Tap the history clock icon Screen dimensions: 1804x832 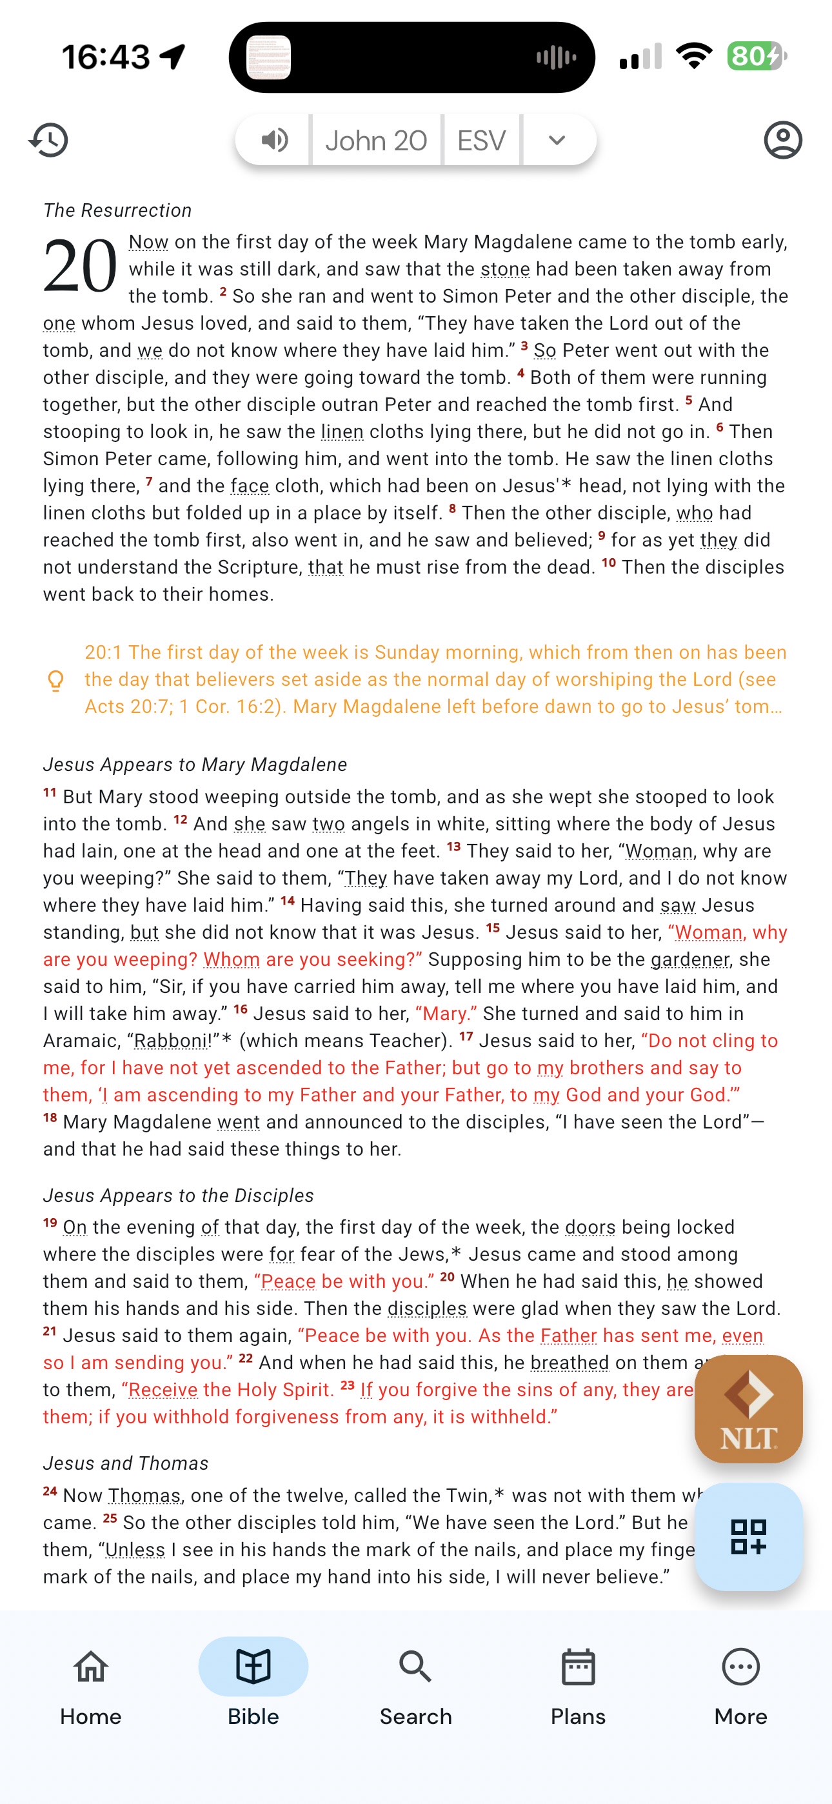coord(49,140)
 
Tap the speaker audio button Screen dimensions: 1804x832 coord(275,140)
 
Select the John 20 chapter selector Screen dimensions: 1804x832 coord(376,141)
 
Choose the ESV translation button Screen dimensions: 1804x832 coord(481,141)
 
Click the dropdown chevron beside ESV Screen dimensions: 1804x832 coord(557,140)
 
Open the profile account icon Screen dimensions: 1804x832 coord(782,140)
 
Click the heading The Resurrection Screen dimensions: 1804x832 coord(117,210)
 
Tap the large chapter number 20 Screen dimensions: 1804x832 coord(80,266)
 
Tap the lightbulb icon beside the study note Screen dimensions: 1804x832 coord(56,680)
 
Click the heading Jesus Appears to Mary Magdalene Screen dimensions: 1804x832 coord(195,764)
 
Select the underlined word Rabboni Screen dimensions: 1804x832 coord(171,1041)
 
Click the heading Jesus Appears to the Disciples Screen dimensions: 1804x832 coord(179,1195)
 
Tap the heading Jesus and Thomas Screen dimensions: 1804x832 coord(126,1463)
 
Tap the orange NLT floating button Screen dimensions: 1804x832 coord(748,1408)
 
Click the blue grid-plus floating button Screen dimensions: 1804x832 coord(748,1536)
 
